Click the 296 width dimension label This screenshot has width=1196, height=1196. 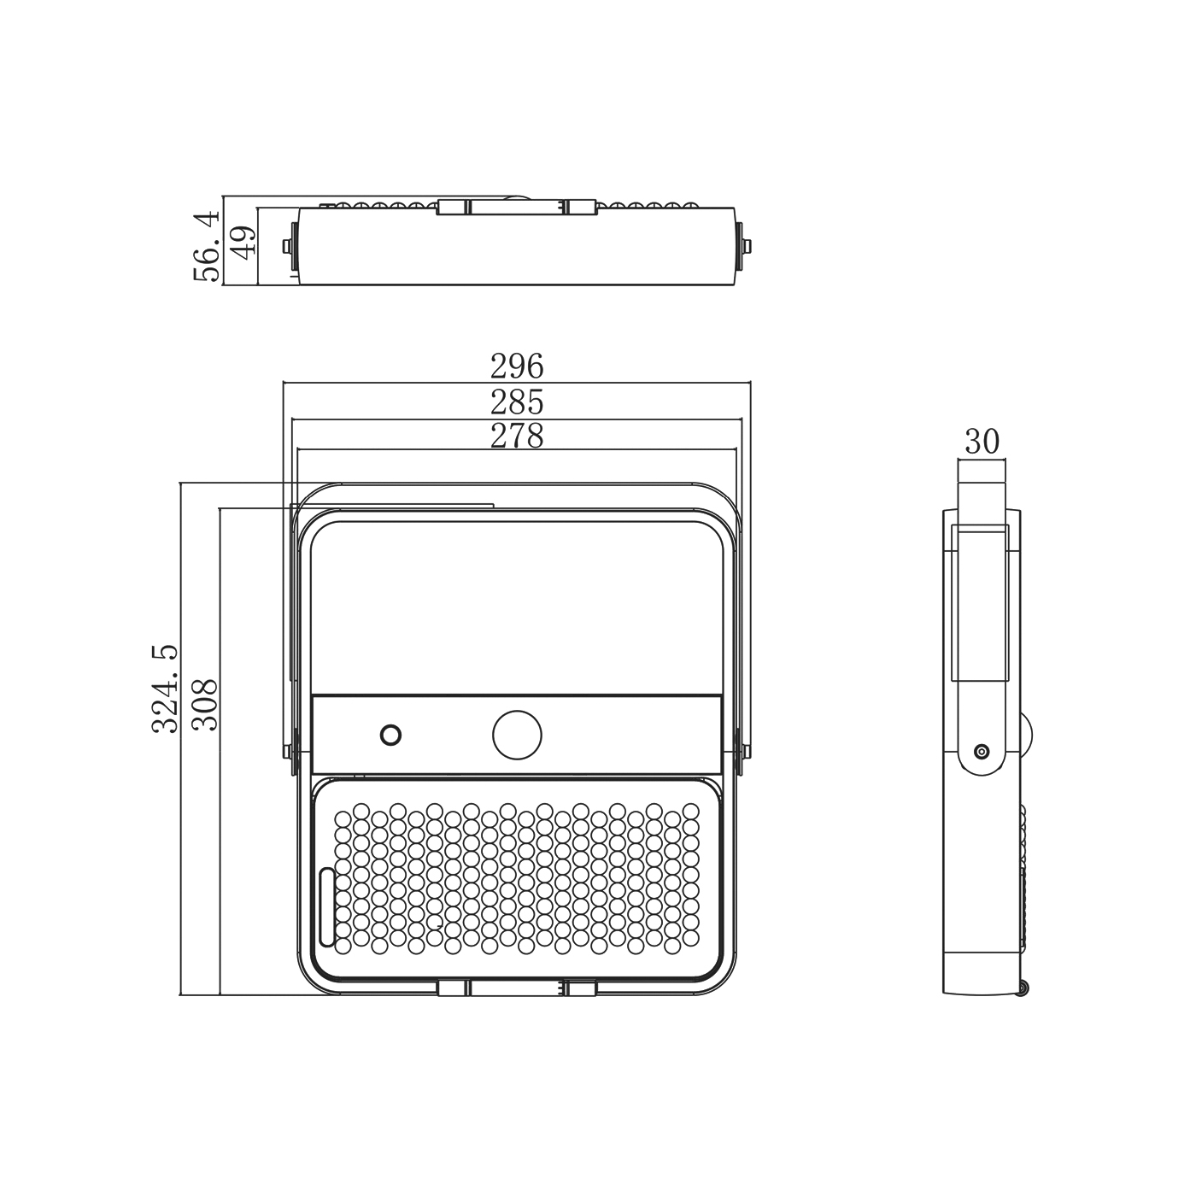click(x=516, y=366)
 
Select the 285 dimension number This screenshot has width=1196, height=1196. click(x=516, y=402)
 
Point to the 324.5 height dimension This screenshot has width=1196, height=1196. click(x=165, y=689)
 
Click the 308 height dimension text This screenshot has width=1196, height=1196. click(x=205, y=705)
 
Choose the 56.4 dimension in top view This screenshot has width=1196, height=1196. click(x=206, y=246)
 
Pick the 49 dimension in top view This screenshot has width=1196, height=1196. click(x=243, y=243)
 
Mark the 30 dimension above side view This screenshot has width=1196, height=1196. click(x=982, y=442)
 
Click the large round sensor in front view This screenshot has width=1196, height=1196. click(x=517, y=735)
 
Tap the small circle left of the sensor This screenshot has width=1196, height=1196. click(x=390, y=735)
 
